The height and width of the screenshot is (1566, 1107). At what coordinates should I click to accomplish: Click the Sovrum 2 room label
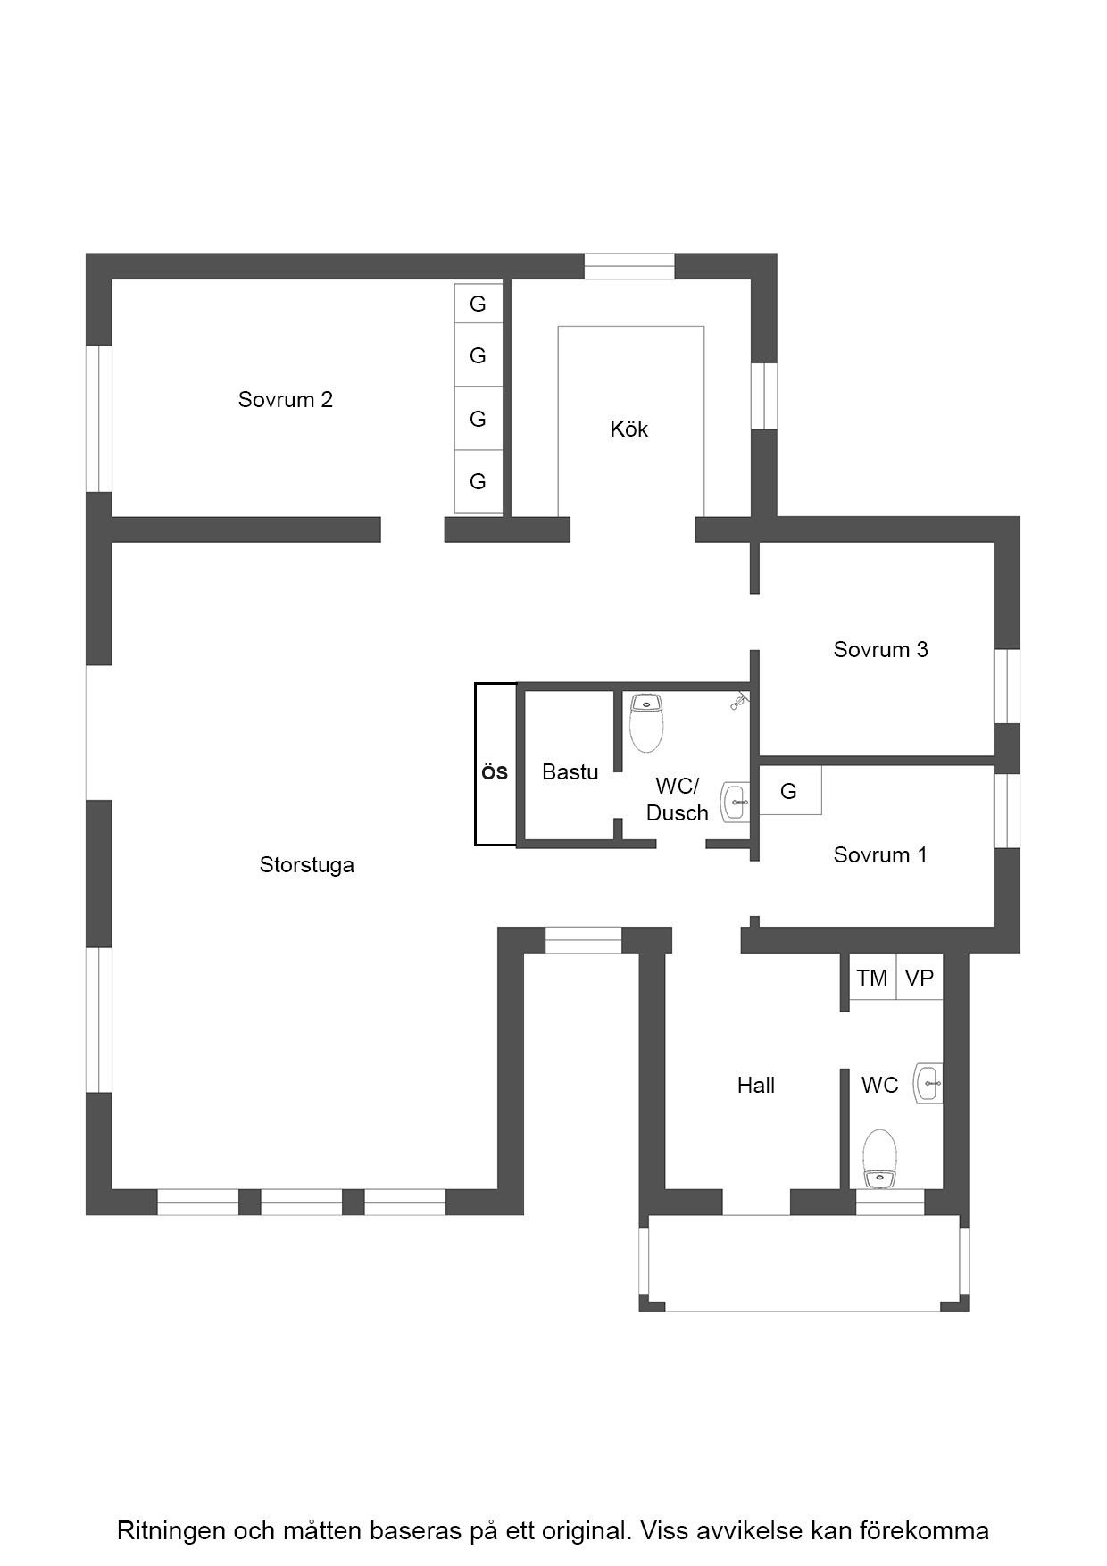point(285,399)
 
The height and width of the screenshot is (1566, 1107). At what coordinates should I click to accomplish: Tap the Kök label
point(628,429)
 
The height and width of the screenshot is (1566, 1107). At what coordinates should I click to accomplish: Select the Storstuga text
point(306,864)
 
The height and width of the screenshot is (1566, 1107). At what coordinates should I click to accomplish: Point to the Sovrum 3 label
point(880,649)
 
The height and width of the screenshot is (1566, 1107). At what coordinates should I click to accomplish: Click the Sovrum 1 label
point(880,854)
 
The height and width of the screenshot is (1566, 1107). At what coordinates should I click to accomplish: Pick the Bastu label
point(570,771)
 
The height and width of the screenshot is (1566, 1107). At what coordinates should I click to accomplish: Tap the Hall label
point(755,1085)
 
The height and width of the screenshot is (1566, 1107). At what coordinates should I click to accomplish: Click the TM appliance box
point(872,978)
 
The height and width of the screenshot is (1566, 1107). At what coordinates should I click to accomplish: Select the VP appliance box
point(920,978)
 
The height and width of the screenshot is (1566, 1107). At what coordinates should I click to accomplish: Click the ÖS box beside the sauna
point(495,764)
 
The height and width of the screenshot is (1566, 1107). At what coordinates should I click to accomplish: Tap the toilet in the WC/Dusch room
point(646,722)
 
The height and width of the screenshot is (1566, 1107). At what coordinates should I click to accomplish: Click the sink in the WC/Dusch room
point(736,803)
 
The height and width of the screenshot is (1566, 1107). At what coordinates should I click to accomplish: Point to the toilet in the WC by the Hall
point(880,1159)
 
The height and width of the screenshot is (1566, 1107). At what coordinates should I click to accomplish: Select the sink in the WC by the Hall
point(928,1083)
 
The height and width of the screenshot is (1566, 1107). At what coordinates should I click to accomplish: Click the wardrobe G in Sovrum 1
point(789,790)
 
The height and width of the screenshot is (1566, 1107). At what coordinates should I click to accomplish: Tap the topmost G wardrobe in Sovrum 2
point(478,304)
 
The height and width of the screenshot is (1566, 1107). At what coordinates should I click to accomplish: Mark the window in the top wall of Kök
point(629,266)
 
